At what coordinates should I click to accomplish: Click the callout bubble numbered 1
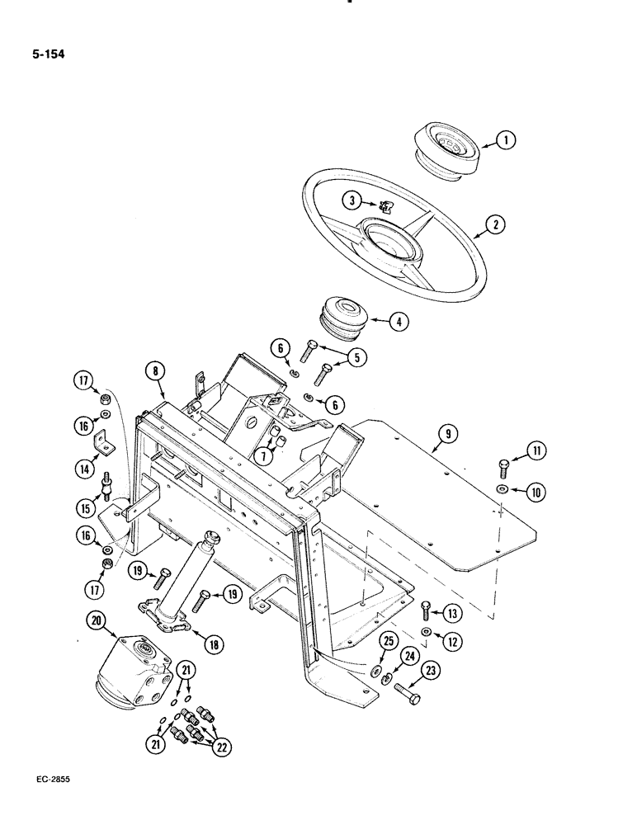click(508, 141)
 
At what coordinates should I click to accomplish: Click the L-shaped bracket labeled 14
click(105, 442)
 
